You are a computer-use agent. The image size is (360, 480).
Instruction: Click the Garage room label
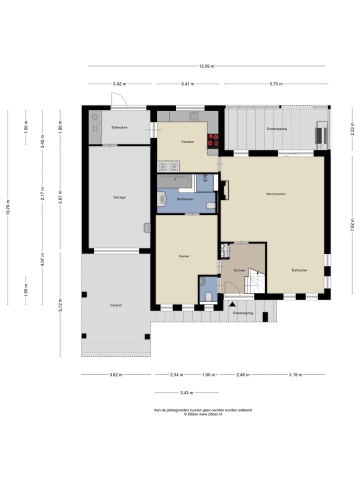click(x=119, y=197)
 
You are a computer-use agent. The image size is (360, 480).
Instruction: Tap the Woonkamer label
click(x=276, y=194)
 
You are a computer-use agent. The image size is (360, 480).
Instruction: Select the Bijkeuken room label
click(x=119, y=127)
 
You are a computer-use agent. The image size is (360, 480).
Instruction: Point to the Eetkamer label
click(x=299, y=270)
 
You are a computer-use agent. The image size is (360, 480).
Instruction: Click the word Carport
click(x=116, y=305)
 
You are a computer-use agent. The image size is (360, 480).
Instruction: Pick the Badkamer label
click(x=185, y=199)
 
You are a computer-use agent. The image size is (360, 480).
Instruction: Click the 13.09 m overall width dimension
click(x=206, y=66)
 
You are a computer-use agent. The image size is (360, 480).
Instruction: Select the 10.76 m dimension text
click(x=8, y=207)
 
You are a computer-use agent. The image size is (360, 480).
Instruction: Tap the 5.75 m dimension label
click(x=276, y=84)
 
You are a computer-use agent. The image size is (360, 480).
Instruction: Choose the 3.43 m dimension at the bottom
click(x=186, y=393)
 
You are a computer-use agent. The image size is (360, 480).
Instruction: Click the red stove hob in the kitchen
click(x=213, y=139)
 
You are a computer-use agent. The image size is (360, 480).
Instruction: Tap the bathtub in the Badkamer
click(x=175, y=181)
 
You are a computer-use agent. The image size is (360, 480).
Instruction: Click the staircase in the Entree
click(x=255, y=280)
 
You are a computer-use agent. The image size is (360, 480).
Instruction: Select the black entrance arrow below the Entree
click(x=232, y=304)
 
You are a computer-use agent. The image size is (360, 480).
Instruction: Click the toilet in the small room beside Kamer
click(x=208, y=296)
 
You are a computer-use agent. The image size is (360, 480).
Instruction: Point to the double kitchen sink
click(x=168, y=167)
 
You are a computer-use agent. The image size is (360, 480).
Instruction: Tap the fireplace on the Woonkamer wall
click(x=224, y=190)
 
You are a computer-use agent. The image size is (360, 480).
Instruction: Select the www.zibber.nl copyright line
click(x=202, y=414)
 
